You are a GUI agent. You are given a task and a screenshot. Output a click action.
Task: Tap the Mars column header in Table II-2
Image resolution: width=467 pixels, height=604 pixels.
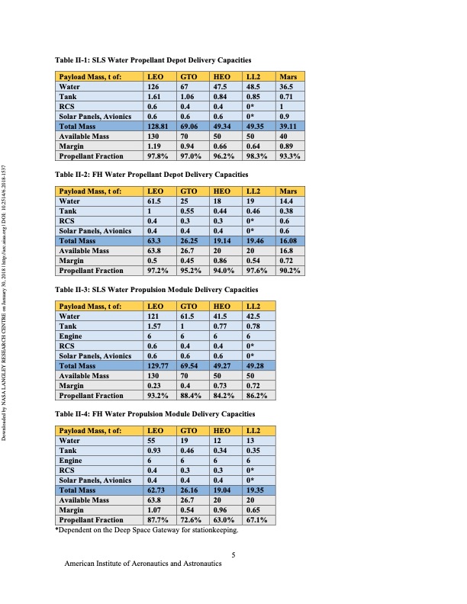(288, 191)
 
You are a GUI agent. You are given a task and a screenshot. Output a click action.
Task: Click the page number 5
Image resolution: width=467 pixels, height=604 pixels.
(233, 554)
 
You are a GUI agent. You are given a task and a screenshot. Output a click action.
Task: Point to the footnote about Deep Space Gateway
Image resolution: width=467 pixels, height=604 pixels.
(147, 529)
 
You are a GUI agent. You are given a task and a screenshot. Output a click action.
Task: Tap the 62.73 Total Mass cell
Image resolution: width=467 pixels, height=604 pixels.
(156, 489)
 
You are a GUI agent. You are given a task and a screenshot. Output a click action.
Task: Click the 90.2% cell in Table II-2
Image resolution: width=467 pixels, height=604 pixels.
(290, 270)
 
